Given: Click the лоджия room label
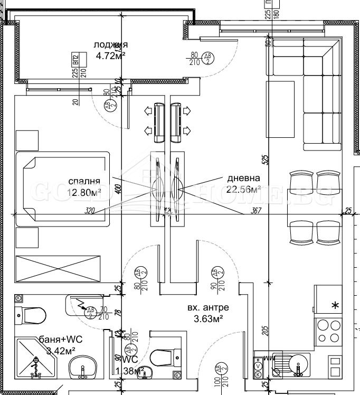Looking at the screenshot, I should click(x=110, y=44).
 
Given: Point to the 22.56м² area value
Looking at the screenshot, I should click(x=244, y=190).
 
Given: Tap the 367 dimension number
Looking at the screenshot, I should click(x=257, y=211).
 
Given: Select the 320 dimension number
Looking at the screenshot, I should click(x=90, y=211).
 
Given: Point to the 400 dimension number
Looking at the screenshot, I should click(x=118, y=189).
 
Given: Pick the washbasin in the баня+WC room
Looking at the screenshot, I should click(x=83, y=366).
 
